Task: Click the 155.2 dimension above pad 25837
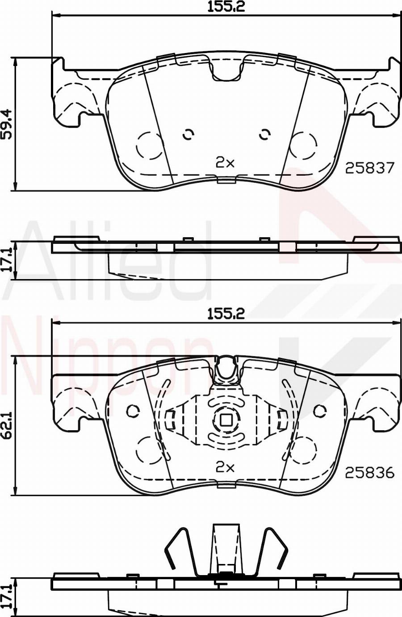[x=226, y=6]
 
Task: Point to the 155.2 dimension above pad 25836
[x=226, y=314]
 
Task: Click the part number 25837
[x=370, y=168]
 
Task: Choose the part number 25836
[x=370, y=473]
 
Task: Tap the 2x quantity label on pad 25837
[x=225, y=163]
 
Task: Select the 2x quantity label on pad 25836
[x=225, y=467]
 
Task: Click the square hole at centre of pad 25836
[x=226, y=420]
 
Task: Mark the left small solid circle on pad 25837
[x=188, y=134]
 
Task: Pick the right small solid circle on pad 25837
[x=265, y=134]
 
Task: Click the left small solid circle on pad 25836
[x=133, y=411]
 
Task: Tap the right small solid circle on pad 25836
[x=319, y=411]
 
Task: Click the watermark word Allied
[x=107, y=263]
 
